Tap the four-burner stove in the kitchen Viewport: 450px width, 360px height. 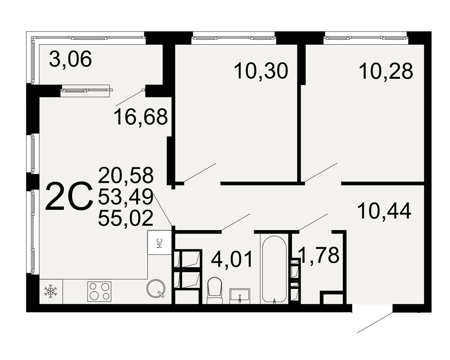click(99, 292)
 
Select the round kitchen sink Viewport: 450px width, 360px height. click(156, 288)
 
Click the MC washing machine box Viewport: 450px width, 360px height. click(160, 243)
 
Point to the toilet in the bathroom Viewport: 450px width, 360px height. click(215, 290)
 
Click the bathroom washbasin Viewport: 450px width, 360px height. click(240, 296)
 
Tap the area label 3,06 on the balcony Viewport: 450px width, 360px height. click(70, 59)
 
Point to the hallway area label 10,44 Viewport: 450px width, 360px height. click(384, 211)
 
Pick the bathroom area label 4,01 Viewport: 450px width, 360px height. click(232, 259)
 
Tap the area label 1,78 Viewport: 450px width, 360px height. click(319, 255)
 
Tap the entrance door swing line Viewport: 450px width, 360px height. click(375, 323)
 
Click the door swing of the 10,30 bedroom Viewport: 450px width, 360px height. click(200, 172)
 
